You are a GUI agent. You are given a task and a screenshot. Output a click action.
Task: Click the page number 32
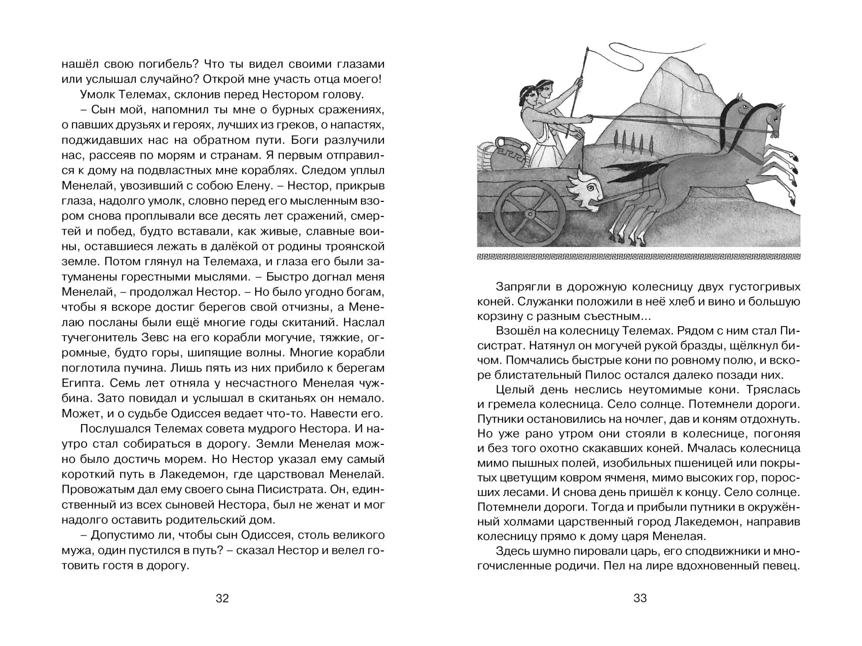pyautogui.click(x=222, y=598)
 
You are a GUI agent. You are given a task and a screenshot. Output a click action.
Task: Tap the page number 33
pyautogui.click(x=640, y=598)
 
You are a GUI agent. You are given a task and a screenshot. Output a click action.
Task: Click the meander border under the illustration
pyautogui.click(x=638, y=257)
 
